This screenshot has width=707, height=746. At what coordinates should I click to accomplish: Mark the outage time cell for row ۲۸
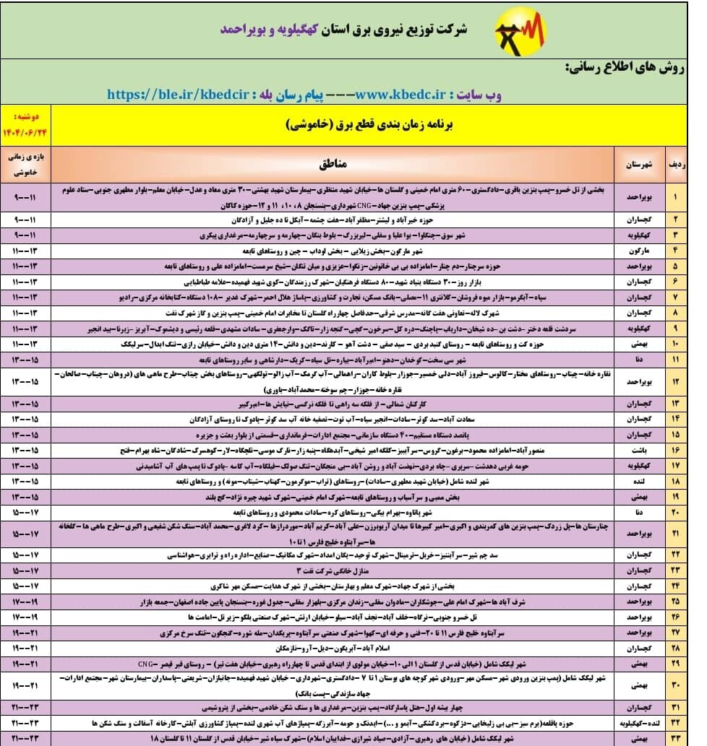(x=26, y=649)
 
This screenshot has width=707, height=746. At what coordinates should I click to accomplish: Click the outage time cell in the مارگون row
(x=26, y=251)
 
